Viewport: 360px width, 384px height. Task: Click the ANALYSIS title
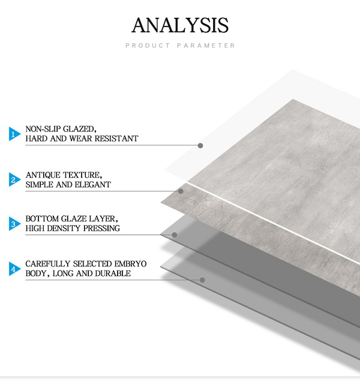pos(180,25)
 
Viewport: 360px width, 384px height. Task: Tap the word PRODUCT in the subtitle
pos(148,46)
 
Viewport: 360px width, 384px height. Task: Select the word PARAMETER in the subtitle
pos(206,46)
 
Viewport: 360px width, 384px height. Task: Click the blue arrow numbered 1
pos(14,134)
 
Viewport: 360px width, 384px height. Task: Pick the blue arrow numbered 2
pos(14,179)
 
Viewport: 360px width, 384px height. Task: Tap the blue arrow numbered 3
pos(14,223)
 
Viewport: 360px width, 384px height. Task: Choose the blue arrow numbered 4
pos(14,269)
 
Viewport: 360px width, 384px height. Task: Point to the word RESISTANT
pos(116,139)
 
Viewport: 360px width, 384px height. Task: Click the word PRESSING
pos(101,228)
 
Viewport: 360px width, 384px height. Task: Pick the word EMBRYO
pos(130,264)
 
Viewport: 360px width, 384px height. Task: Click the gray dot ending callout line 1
pos(200,145)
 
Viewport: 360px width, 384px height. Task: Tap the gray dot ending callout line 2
pos(181,191)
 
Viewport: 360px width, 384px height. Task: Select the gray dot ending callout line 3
pos(175,235)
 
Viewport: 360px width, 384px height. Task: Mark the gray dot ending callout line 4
pos(202,280)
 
